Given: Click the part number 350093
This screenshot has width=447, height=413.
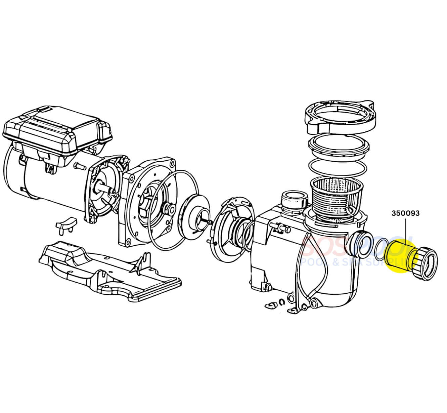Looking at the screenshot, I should [405, 213].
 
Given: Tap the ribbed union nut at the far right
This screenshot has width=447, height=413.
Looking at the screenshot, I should [427, 263].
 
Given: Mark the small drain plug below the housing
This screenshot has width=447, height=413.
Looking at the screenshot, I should [271, 305].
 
